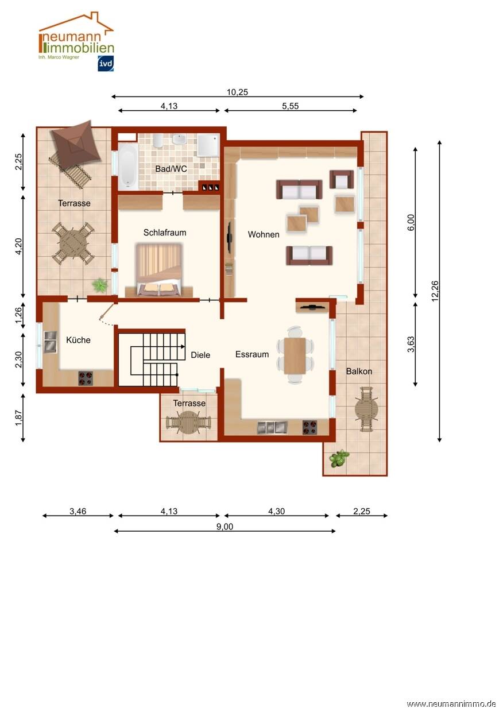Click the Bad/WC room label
click(x=171, y=169)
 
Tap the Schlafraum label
click(x=165, y=233)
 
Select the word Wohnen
click(x=264, y=234)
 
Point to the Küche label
click(x=78, y=340)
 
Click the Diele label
click(x=200, y=355)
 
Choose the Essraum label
click(x=252, y=354)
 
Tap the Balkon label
click(x=359, y=371)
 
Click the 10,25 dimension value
click(x=237, y=92)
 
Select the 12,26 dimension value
click(x=435, y=291)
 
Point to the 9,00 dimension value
click(x=225, y=527)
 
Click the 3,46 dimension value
click(x=78, y=511)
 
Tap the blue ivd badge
click(x=106, y=63)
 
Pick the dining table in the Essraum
click(x=295, y=355)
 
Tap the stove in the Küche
click(x=86, y=378)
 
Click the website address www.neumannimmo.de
click(x=451, y=704)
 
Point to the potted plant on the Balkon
click(x=339, y=458)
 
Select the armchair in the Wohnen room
click(x=342, y=180)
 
